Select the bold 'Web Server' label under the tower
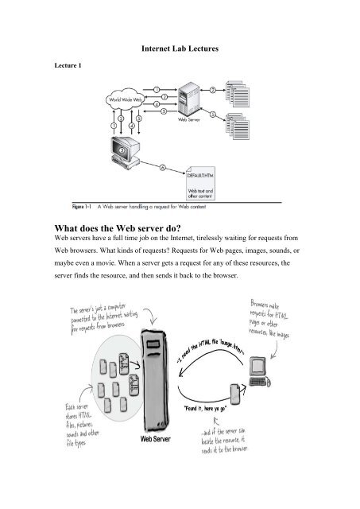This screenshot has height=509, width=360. tap(158, 437)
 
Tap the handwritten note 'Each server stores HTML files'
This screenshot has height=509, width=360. tap(72, 429)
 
